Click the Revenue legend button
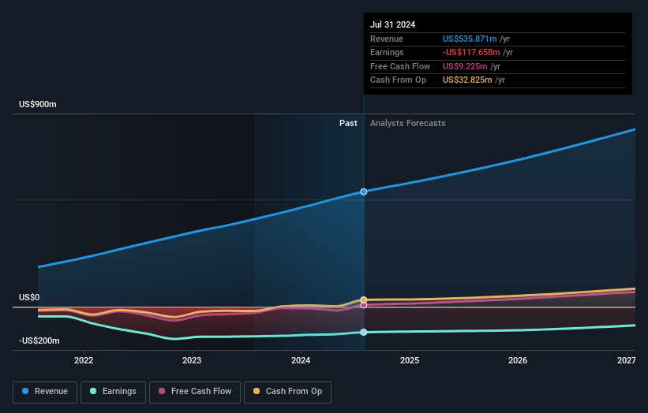click(x=46, y=391)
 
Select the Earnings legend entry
click(x=114, y=391)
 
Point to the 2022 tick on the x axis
click(x=84, y=360)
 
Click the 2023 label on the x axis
click(x=192, y=360)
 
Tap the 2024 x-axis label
click(x=301, y=360)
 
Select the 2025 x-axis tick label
click(x=409, y=360)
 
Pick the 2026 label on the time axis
click(x=518, y=360)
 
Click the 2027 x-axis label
click(x=626, y=360)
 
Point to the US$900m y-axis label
click(x=38, y=104)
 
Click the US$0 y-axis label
click(x=29, y=297)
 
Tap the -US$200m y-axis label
click(x=40, y=340)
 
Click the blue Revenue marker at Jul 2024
click(x=364, y=192)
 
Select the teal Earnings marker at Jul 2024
click(x=364, y=333)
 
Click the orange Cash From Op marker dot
click(x=364, y=300)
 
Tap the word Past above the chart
click(x=348, y=123)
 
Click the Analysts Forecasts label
click(x=407, y=123)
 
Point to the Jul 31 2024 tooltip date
click(x=392, y=24)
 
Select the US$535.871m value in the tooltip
click(x=470, y=39)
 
